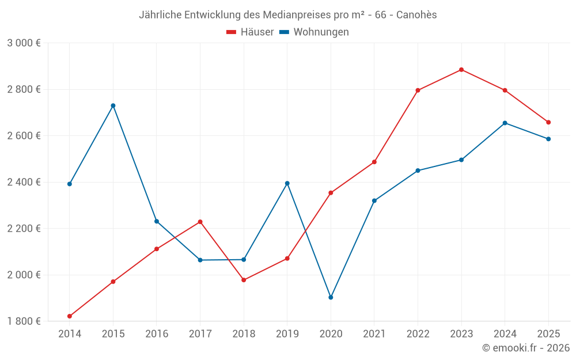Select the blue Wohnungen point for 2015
(113, 105)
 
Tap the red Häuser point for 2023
(461, 70)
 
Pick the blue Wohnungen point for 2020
(331, 297)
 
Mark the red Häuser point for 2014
(70, 316)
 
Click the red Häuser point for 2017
(200, 222)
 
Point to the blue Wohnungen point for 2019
(287, 183)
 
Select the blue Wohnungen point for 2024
(505, 123)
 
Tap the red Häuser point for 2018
(244, 280)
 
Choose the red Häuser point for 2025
(548, 122)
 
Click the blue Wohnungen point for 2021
(374, 200)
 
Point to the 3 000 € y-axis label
(24, 43)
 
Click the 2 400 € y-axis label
(24, 182)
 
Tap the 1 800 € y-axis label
(24, 321)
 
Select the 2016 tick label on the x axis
(157, 334)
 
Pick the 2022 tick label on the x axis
(418, 334)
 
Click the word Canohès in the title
(416, 14)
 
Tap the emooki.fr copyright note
(526, 348)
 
